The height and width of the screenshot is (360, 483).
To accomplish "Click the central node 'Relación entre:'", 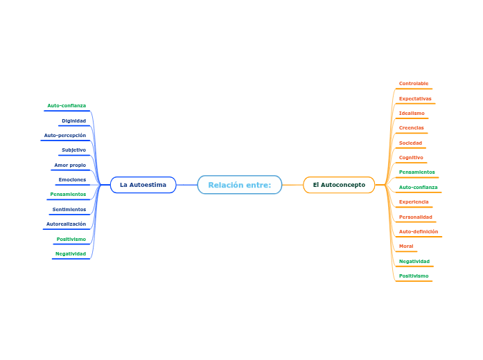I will [x=240, y=185].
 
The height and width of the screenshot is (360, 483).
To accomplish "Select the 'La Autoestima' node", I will [x=143, y=185].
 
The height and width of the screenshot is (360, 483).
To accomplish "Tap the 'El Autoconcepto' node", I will [x=339, y=185].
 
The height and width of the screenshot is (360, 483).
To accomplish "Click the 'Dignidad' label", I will [x=73, y=120].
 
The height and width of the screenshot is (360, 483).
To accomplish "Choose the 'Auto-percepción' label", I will [x=65, y=135].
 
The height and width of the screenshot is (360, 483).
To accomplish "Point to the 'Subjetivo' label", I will [x=73, y=150].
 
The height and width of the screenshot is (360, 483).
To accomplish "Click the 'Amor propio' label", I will [x=70, y=165].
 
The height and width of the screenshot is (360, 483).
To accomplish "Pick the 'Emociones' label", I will [x=72, y=179].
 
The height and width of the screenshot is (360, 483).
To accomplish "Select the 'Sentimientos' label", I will [x=69, y=209].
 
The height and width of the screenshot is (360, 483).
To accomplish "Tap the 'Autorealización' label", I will [x=66, y=224].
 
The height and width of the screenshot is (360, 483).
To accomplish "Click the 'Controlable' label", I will [x=414, y=84].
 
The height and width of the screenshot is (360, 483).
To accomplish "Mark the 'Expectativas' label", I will [x=415, y=98].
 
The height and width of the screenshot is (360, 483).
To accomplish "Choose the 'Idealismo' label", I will [x=412, y=113].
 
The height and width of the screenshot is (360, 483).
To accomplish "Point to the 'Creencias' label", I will [x=412, y=127].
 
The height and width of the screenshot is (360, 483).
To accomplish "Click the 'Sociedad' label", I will [x=410, y=143].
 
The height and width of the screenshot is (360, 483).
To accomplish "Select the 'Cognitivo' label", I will [x=411, y=157].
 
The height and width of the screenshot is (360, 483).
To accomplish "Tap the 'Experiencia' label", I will [x=414, y=201].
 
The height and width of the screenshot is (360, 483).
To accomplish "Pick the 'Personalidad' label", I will [x=415, y=217].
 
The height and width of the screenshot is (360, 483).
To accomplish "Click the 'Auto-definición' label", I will [x=419, y=231].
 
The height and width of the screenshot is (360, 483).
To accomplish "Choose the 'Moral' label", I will [x=406, y=246].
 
